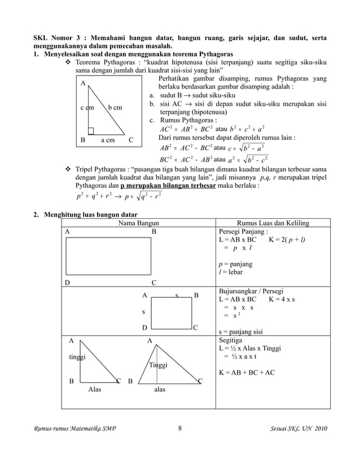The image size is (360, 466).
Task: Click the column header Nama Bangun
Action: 138,223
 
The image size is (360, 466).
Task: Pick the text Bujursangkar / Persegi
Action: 251,291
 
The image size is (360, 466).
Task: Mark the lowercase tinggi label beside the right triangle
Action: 77,358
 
